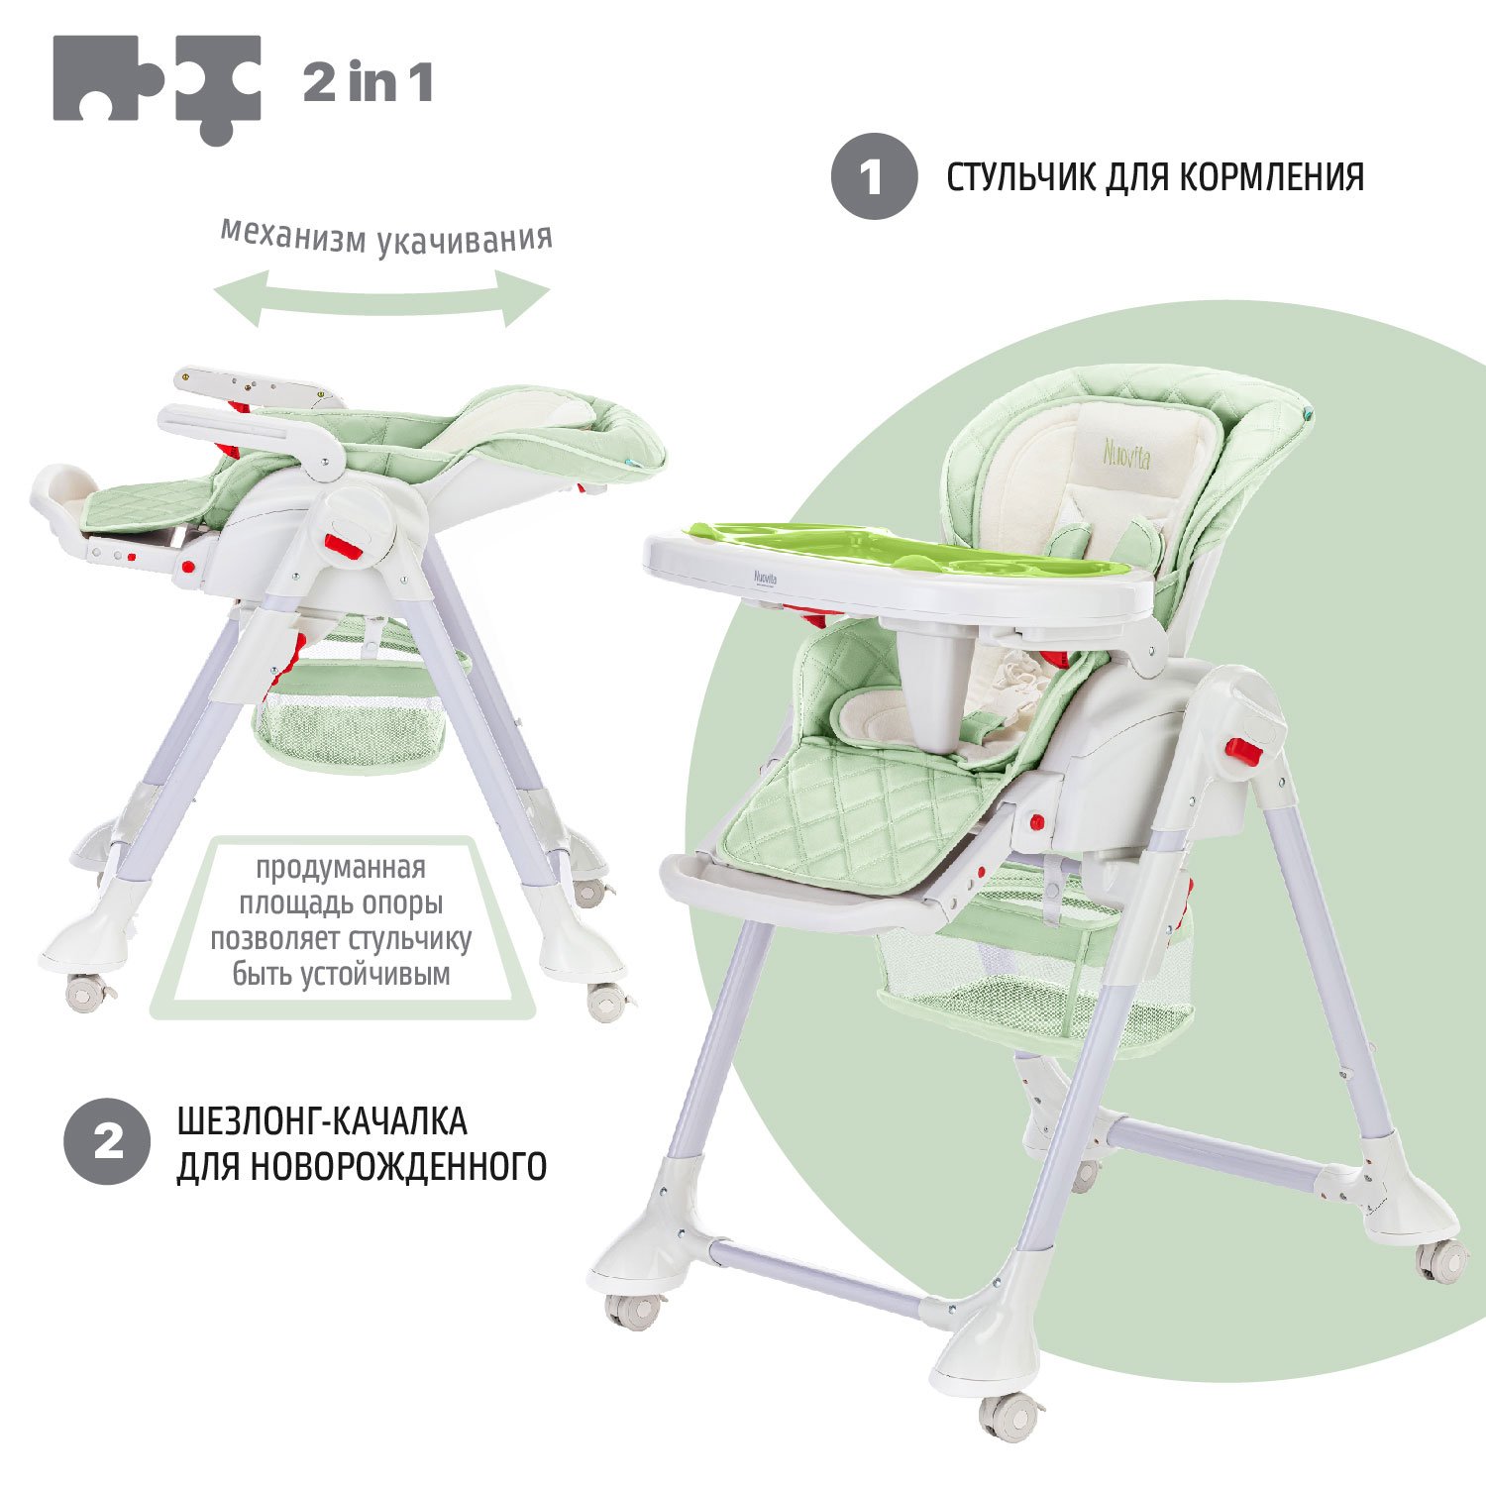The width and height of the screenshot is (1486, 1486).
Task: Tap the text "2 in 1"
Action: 368,82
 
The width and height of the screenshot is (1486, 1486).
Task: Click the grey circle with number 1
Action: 873,177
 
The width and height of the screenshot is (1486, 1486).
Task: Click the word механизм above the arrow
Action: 293,236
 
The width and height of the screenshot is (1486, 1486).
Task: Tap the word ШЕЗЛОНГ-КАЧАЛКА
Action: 322,1121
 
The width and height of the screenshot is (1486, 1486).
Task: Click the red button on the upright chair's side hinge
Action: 1241,751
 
